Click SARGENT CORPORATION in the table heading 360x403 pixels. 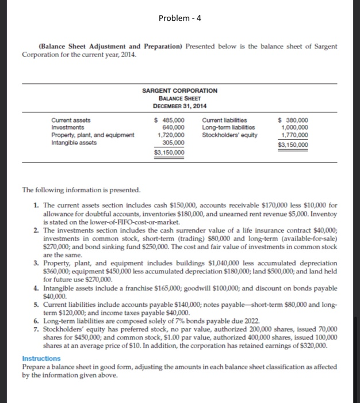(x=179, y=91)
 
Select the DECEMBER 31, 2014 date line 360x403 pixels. (x=179, y=106)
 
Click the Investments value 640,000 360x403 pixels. (x=174, y=127)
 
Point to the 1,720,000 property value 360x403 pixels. (x=171, y=135)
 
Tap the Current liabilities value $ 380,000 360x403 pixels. (x=293, y=120)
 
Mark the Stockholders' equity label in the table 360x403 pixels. (x=229, y=135)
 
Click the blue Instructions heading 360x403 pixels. (x=41, y=358)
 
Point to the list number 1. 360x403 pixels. (x=36, y=205)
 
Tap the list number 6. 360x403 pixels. (x=36, y=321)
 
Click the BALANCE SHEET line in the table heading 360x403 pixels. (x=179, y=98)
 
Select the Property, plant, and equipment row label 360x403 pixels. (x=93, y=135)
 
